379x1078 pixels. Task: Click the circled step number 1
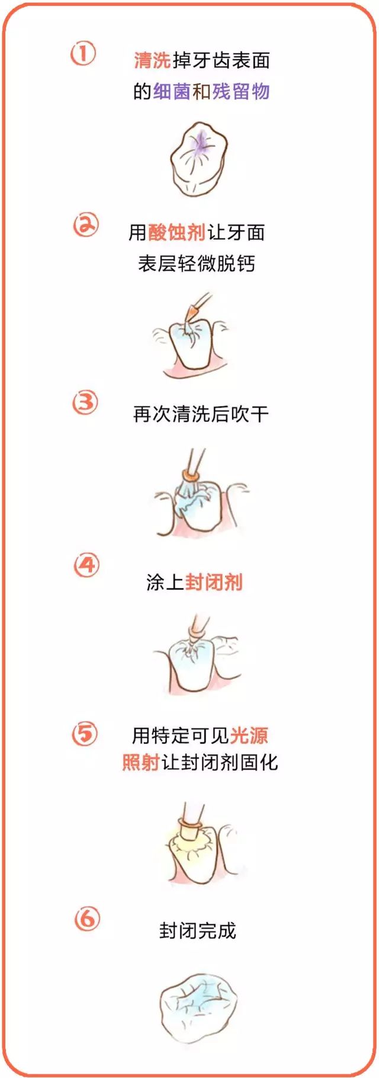click(x=83, y=55)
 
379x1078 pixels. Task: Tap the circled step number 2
click(x=86, y=225)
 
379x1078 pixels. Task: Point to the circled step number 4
click(x=86, y=565)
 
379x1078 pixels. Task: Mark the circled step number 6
click(x=88, y=919)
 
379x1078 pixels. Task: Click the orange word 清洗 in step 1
click(x=152, y=60)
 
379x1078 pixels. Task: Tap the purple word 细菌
click(x=172, y=91)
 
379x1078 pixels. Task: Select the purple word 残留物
click(x=240, y=91)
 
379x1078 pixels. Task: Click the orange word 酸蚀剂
click(x=176, y=233)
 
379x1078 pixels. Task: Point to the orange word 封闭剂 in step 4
click(x=214, y=583)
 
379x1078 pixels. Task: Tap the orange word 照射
click(x=141, y=762)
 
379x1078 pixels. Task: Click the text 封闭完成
click(x=197, y=931)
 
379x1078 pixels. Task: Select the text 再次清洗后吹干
click(x=201, y=414)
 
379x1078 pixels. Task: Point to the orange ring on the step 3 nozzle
click(x=191, y=475)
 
